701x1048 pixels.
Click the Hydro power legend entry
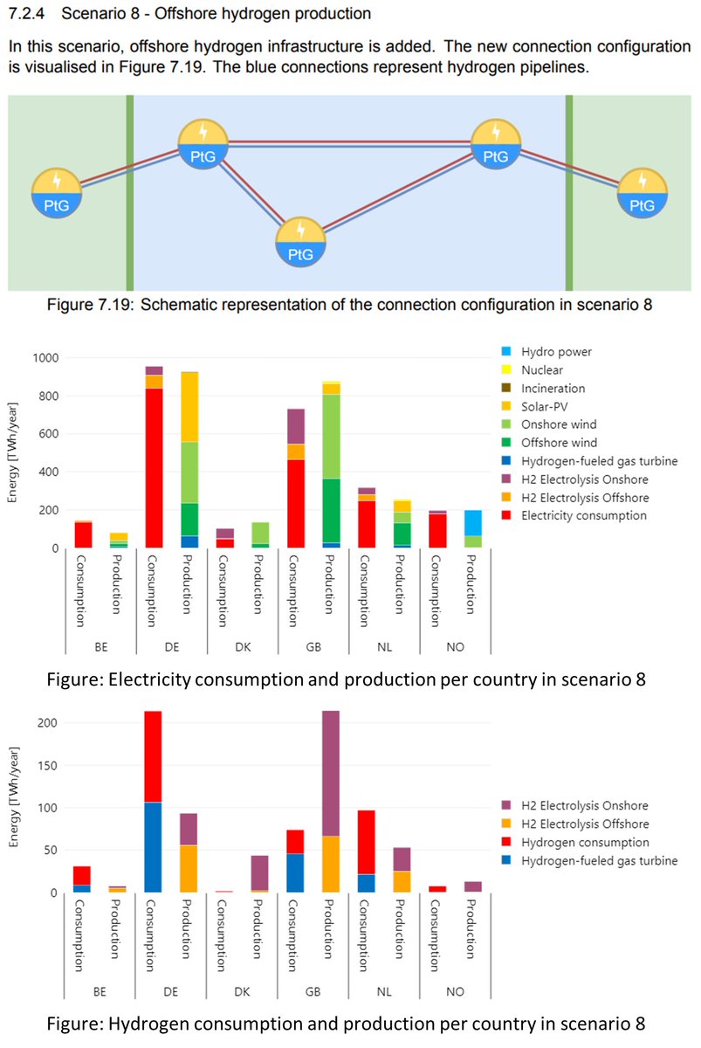pos(556,352)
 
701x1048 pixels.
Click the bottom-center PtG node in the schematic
pos(300,241)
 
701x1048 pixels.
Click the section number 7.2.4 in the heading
pos(26,14)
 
